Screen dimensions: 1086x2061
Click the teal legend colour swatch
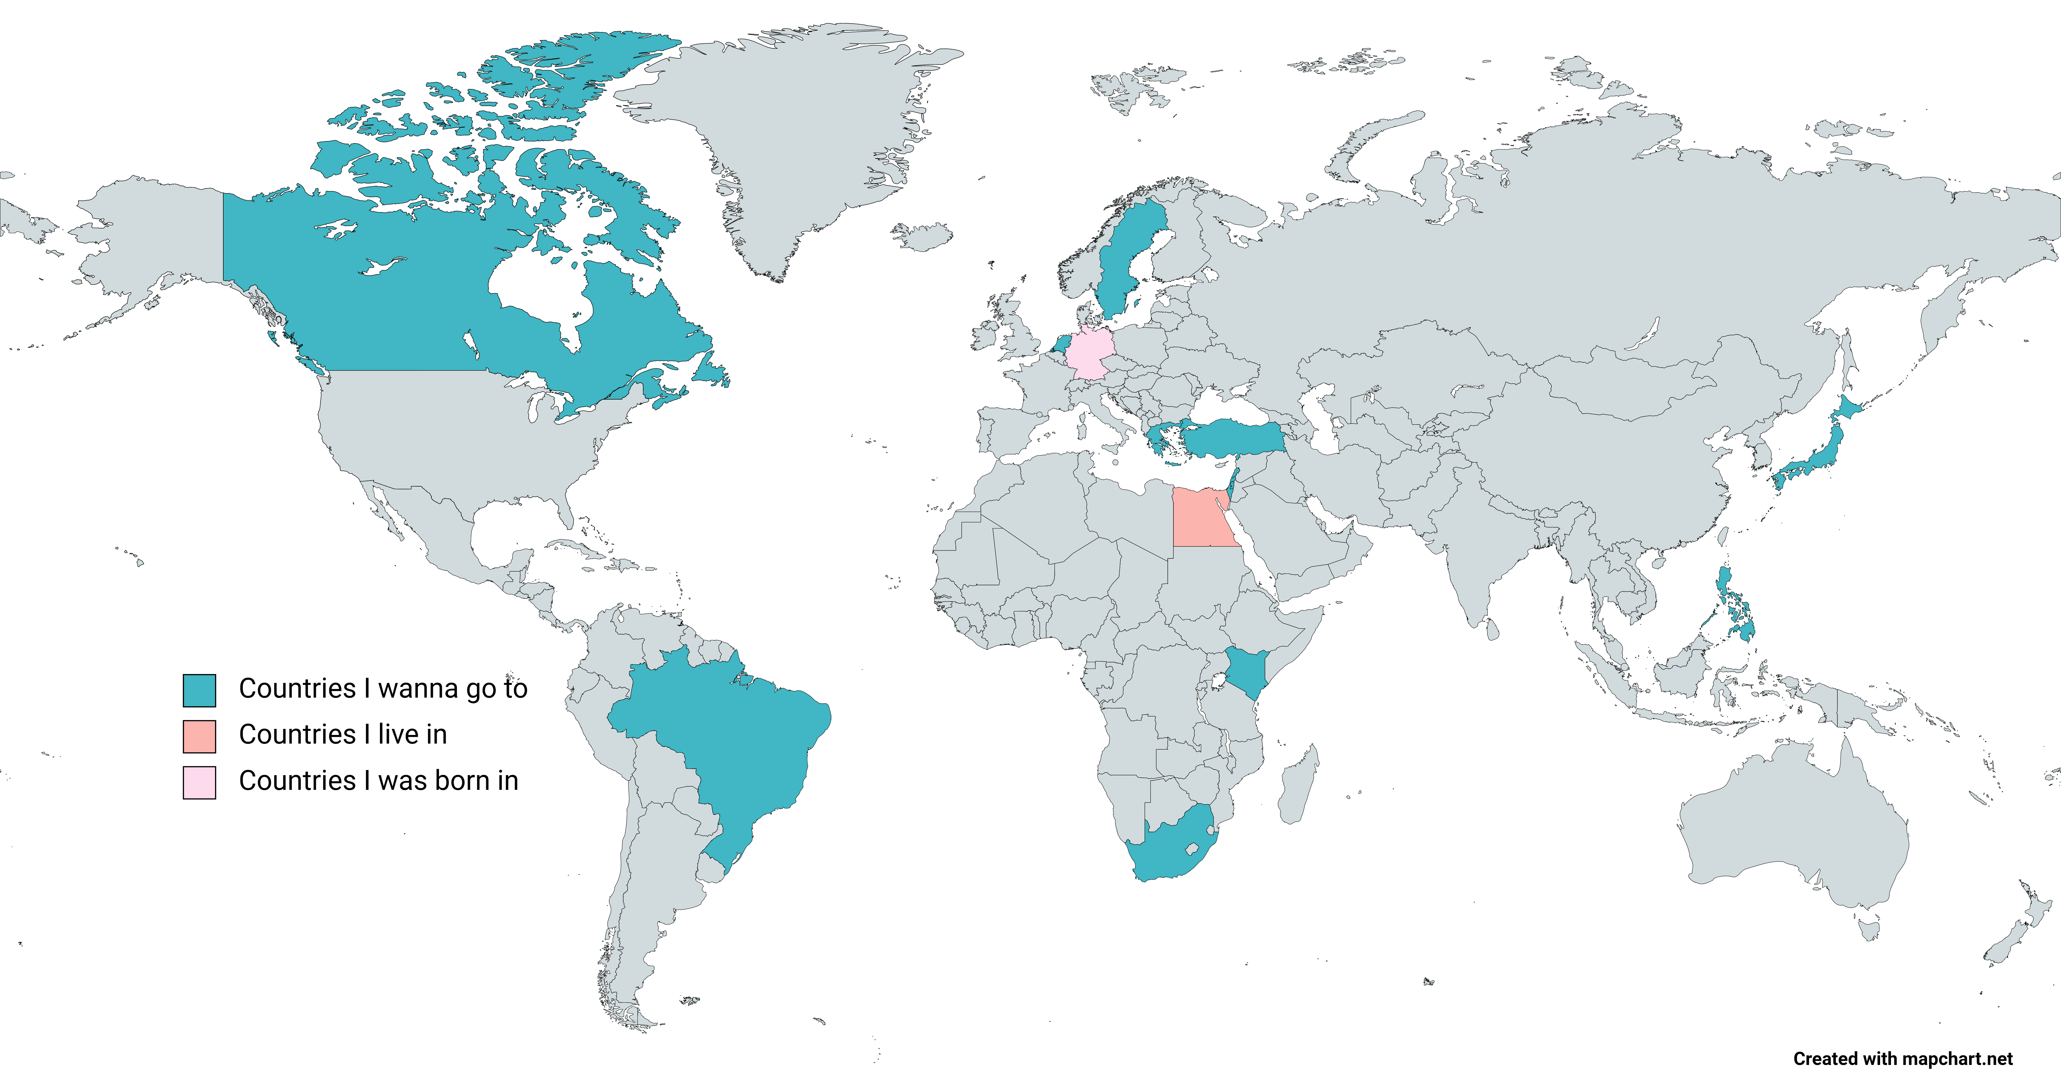tap(199, 690)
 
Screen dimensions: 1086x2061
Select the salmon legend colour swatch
tap(199, 736)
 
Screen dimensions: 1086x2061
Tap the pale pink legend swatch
tap(199, 783)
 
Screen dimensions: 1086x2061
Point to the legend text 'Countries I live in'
tap(342, 735)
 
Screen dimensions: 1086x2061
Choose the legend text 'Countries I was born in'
tap(378, 780)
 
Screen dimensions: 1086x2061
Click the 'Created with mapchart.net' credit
tap(1902, 1059)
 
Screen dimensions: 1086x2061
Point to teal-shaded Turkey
tap(1232, 438)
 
